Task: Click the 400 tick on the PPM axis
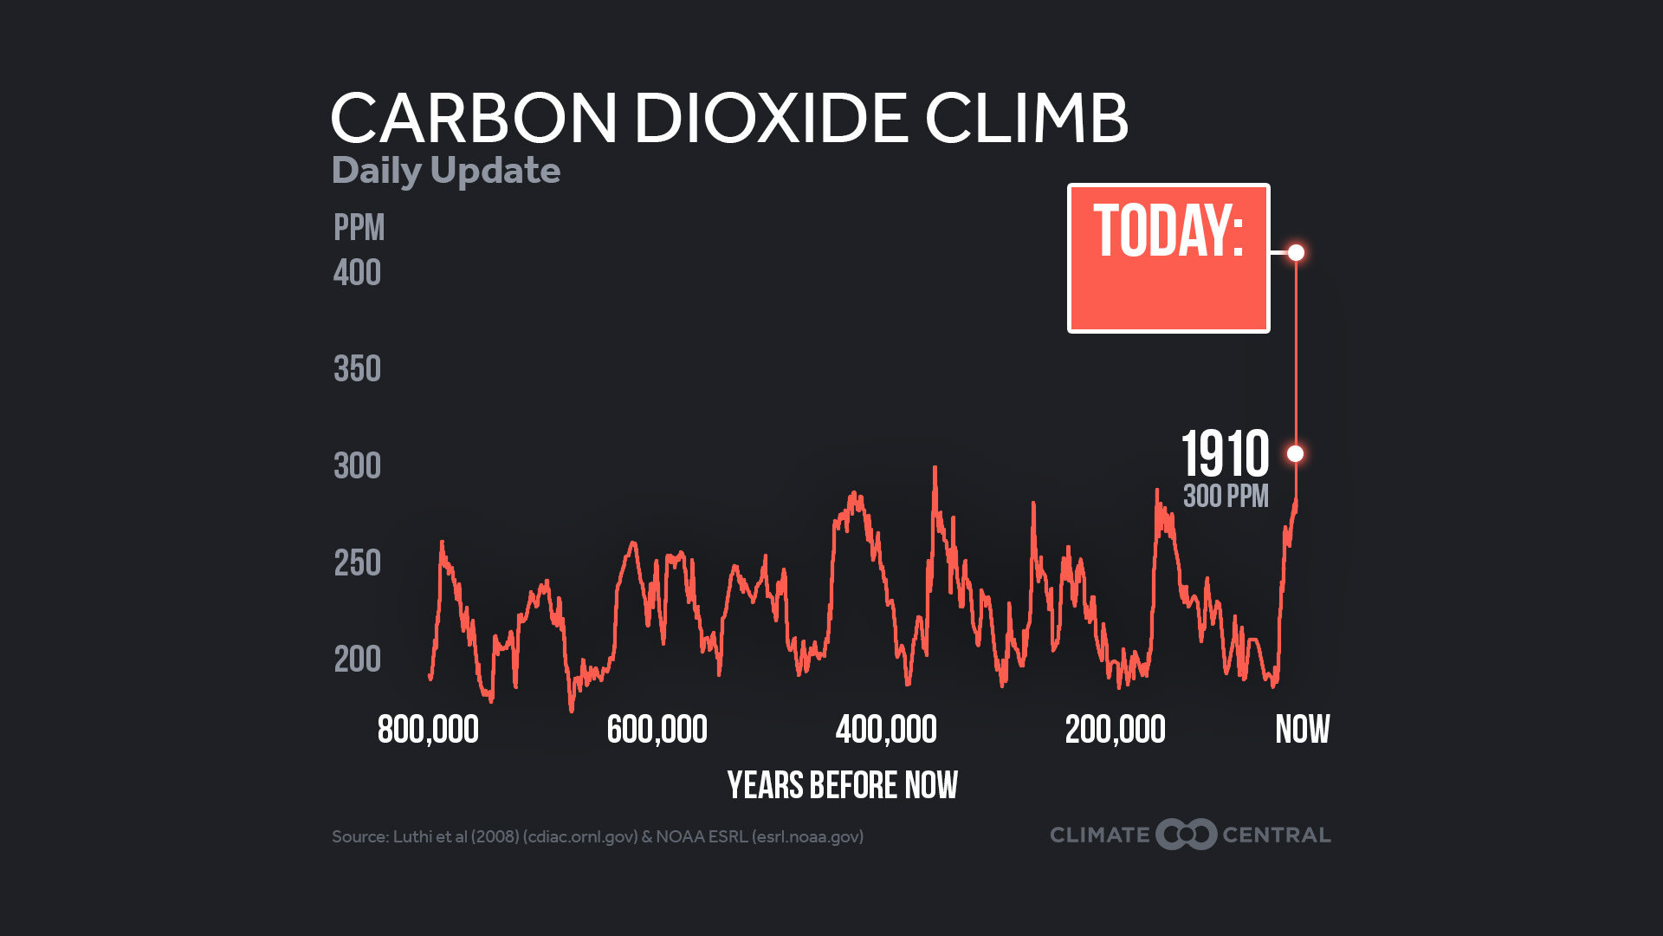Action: click(357, 273)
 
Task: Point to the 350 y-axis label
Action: click(357, 369)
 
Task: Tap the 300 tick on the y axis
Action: click(357, 466)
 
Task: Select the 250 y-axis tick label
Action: click(357, 563)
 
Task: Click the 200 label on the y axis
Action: click(357, 660)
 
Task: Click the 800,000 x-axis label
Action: click(428, 730)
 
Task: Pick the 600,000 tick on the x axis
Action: click(657, 730)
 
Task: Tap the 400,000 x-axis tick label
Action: click(886, 730)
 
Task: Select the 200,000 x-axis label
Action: click(1115, 730)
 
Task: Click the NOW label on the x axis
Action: click(1302, 730)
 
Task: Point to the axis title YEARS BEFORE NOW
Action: click(842, 785)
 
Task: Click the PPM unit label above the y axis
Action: click(359, 228)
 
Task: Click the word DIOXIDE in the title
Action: click(771, 118)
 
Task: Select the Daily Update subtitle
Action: click(446, 171)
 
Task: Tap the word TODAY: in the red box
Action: click(1168, 231)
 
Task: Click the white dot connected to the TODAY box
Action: click(1296, 252)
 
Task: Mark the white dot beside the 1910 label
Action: click(1295, 453)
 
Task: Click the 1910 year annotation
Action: click(1225, 453)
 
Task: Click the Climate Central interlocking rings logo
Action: click(1186, 835)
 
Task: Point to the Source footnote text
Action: click(598, 836)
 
